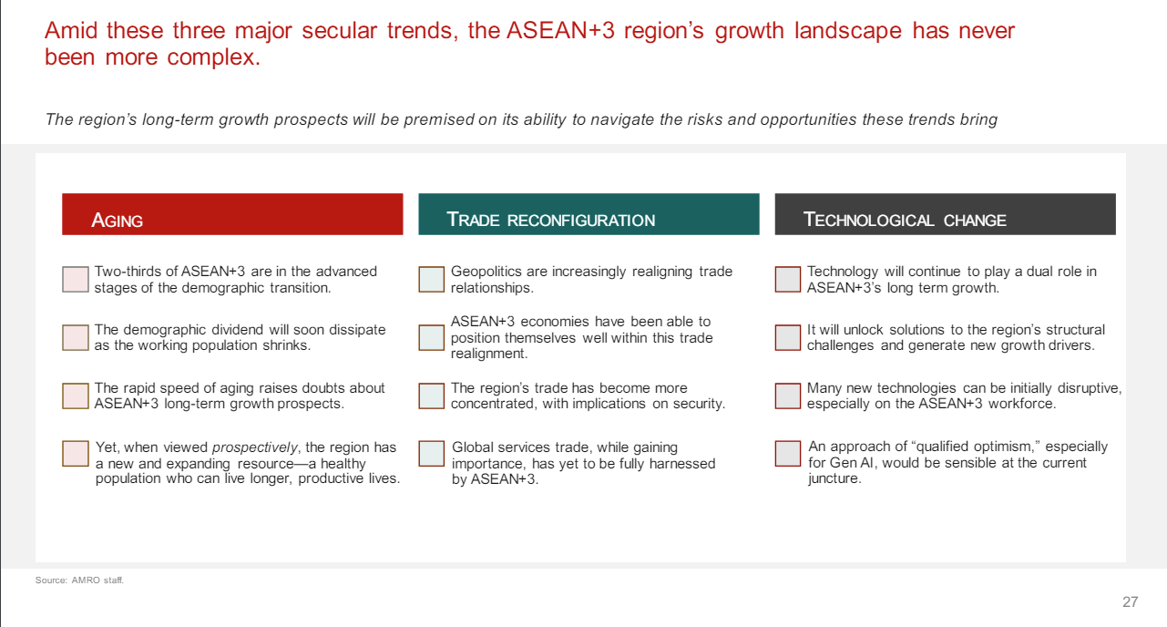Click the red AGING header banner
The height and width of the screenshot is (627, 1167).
pos(232,215)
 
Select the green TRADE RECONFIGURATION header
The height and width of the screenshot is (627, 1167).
pos(589,215)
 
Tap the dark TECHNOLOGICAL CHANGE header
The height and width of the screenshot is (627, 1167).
pos(945,215)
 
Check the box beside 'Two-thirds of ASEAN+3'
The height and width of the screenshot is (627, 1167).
pos(76,279)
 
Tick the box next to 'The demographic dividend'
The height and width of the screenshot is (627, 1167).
pos(76,337)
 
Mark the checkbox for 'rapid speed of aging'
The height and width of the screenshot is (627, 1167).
pos(76,396)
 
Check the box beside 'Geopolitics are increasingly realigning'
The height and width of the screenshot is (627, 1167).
pos(431,279)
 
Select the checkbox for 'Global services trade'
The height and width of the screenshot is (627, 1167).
pos(431,454)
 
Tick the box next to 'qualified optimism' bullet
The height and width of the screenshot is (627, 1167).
pos(788,454)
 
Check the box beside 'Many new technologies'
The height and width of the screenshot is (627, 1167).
pos(788,396)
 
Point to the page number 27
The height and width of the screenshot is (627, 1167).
pos(1130,601)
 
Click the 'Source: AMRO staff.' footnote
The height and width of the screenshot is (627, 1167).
pos(79,580)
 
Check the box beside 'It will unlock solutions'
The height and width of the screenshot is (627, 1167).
pos(788,337)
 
